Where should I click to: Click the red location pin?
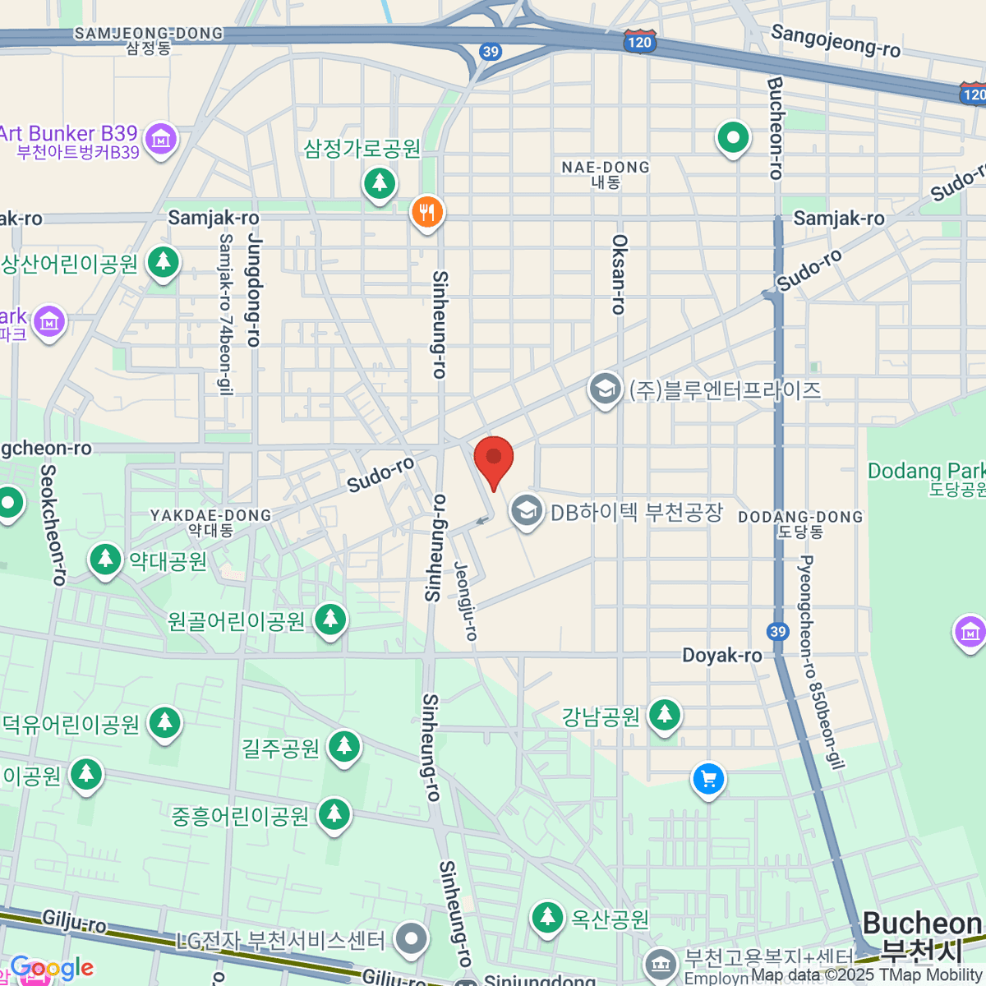[x=494, y=459]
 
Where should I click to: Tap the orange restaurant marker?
[x=426, y=213]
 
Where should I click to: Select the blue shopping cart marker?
[x=708, y=779]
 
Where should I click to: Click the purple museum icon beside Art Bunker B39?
[x=161, y=140]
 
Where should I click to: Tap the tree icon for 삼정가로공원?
[x=379, y=182]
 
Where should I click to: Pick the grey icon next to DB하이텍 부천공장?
[x=526, y=512]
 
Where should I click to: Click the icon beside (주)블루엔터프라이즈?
[x=605, y=390]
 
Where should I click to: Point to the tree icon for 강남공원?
[x=664, y=716]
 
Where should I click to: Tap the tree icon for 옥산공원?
[x=546, y=917]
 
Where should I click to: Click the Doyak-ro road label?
[x=721, y=655]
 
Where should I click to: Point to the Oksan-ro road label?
[x=619, y=274]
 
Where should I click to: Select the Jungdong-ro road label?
[x=254, y=292]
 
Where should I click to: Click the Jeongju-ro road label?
[x=465, y=601]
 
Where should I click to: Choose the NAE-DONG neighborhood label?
[x=606, y=173]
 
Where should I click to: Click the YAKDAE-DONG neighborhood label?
[x=210, y=522]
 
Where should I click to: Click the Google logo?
[x=52, y=968]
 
